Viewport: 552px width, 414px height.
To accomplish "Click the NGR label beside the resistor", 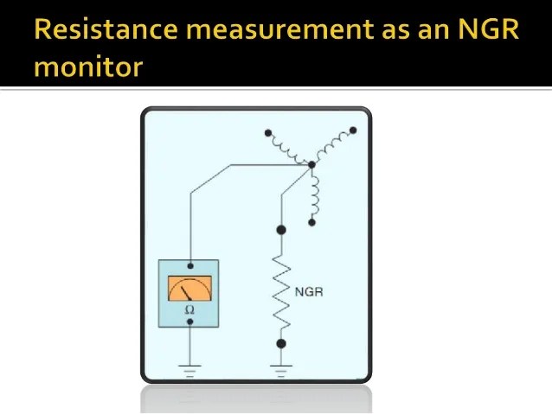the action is (x=309, y=292).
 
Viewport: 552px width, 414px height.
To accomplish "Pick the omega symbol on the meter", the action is (x=189, y=309).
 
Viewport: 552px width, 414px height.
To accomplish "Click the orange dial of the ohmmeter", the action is (x=189, y=288).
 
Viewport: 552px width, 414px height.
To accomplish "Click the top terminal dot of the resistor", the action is (x=280, y=230).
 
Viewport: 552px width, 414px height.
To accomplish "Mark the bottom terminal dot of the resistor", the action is (x=280, y=343).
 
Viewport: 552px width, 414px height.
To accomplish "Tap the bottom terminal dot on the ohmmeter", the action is (x=189, y=322).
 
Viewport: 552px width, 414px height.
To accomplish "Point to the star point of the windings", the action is (x=309, y=165).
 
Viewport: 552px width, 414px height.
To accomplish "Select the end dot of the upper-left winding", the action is (x=268, y=134).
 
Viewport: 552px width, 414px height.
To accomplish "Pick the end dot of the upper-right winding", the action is (x=353, y=131).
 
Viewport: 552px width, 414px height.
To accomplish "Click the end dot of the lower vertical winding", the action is (x=312, y=223).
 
